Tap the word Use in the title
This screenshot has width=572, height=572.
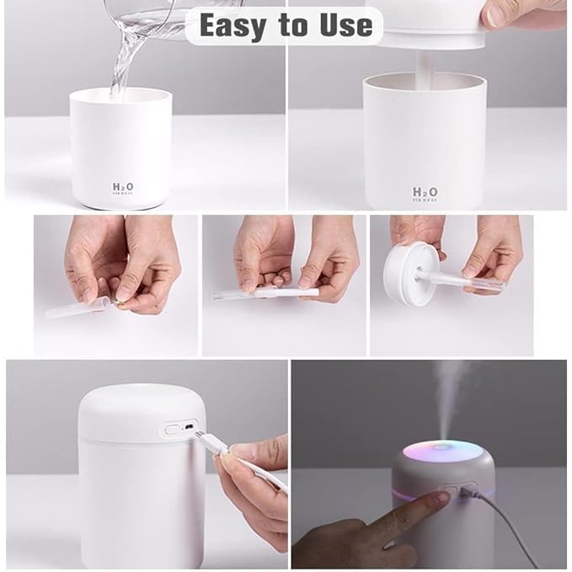[343, 25]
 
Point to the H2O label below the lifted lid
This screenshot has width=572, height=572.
[425, 193]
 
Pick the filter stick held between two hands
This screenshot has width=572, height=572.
[265, 293]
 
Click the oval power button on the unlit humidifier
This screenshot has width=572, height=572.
[173, 428]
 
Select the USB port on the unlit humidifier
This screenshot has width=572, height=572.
[190, 429]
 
